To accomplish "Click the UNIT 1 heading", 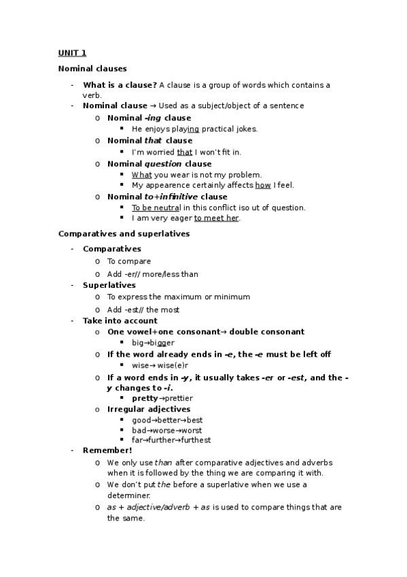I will click(72, 53).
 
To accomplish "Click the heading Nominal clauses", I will click(92, 69).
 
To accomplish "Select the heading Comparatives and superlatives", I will click(124, 233).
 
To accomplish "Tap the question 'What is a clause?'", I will click(120, 85).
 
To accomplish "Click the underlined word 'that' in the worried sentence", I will click(185, 152).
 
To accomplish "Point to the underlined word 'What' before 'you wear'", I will click(142, 174).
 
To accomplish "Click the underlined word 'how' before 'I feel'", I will click(264, 184).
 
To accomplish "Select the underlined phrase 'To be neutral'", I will click(156, 208).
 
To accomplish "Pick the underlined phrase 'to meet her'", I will click(217, 218).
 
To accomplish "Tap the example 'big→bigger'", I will click(153, 343).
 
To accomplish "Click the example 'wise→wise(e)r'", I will click(158, 365).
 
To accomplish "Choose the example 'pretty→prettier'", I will click(162, 398).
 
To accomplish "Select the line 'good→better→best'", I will click(167, 421).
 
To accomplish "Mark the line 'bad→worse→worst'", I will click(166, 430).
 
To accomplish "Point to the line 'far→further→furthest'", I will click(171, 440).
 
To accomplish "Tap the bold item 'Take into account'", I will click(120, 320).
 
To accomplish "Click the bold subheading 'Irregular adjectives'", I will click(149, 409).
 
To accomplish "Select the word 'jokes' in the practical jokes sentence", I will click(246, 129).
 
